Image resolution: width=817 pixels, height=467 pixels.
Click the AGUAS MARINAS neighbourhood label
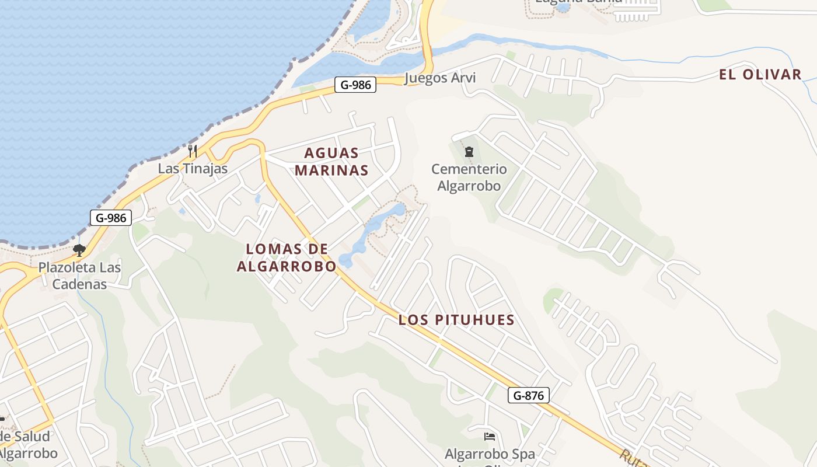[x=331, y=162]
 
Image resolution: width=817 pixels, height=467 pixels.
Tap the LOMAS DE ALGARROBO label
[x=287, y=257]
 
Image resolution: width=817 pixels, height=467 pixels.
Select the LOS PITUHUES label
[x=456, y=320]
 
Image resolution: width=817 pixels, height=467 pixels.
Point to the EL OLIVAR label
[x=760, y=75]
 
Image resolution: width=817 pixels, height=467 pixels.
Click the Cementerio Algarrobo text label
[x=469, y=177]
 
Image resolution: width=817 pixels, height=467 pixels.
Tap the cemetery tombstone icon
[x=469, y=152]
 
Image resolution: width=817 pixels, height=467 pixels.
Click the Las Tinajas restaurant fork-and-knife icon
[x=193, y=151]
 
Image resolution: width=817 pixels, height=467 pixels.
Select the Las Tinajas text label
[x=193, y=169]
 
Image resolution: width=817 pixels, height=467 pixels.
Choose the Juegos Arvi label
[x=439, y=78]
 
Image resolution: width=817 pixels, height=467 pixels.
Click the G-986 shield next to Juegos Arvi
[x=355, y=85]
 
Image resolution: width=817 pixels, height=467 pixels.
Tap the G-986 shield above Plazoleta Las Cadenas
[x=111, y=218]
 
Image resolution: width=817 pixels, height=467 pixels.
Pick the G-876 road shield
[x=528, y=395]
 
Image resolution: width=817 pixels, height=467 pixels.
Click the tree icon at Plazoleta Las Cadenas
[x=79, y=250]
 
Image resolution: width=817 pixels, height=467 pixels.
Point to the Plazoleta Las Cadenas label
[x=79, y=276]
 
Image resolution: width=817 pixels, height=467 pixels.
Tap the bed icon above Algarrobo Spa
[x=490, y=437]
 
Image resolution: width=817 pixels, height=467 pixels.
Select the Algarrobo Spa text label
[x=490, y=454]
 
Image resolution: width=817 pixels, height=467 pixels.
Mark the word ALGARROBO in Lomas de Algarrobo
[x=287, y=267]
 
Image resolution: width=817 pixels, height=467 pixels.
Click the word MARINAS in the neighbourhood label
[x=331, y=170]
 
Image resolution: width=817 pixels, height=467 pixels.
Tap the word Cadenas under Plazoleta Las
[x=79, y=284]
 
